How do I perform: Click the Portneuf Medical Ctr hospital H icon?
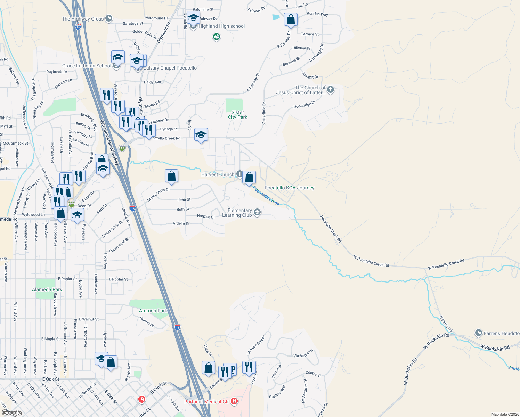234,401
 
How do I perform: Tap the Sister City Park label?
238,115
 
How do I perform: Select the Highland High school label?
221,26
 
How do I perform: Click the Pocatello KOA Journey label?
289,188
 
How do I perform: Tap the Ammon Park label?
153,311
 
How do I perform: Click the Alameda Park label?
47,289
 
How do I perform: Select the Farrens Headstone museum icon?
479,333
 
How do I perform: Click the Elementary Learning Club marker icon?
257,212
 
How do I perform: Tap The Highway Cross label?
83,19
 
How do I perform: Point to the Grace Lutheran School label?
87,66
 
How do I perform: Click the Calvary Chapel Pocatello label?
170,68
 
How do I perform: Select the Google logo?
12,412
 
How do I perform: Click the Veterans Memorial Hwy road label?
110,142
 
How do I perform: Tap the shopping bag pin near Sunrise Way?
291,20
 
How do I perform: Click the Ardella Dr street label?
181,223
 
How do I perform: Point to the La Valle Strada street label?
256,344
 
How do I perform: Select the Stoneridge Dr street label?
304,104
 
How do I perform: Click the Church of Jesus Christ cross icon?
330,90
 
